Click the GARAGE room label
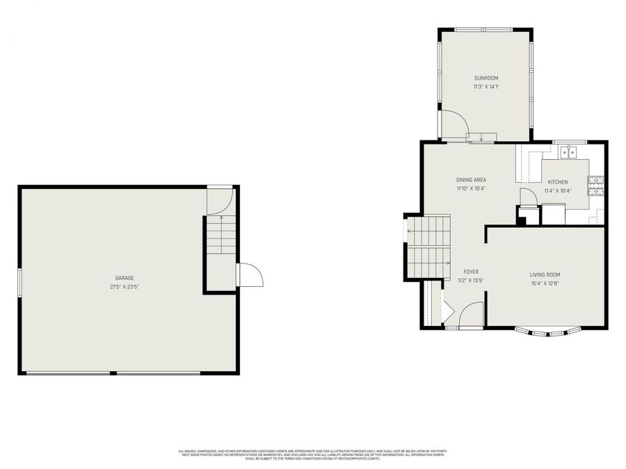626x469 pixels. click(x=125, y=278)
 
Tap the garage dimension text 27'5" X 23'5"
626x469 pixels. click(x=125, y=286)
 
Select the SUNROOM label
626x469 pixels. click(x=486, y=78)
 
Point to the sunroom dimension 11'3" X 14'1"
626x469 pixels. click(x=486, y=87)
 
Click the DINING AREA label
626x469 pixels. click(x=471, y=180)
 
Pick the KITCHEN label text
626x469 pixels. click(x=556, y=182)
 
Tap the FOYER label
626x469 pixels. click(x=471, y=272)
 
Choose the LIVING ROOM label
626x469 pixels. click(x=545, y=274)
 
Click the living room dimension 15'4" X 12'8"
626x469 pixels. click(x=545, y=283)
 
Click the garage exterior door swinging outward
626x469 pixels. click(x=250, y=275)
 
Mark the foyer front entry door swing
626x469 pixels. click(x=472, y=315)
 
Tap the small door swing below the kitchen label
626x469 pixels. click(x=529, y=197)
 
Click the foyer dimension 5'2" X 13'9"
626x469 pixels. click(x=471, y=281)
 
